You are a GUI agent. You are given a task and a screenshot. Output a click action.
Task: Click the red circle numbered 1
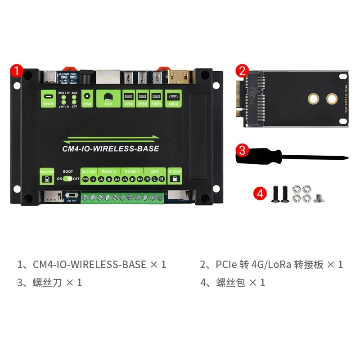point(16,71)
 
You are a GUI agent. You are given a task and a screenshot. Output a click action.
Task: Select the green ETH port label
point(108,98)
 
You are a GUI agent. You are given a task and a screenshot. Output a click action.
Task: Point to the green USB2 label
point(142,98)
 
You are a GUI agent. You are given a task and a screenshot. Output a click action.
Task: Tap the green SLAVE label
point(48,98)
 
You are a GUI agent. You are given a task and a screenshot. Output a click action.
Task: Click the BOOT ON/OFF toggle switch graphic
point(68,179)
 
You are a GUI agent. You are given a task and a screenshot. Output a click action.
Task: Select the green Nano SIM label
point(46,176)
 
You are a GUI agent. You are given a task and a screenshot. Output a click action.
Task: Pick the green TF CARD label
point(175,176)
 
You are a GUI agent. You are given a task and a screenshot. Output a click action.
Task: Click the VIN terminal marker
point(85,179)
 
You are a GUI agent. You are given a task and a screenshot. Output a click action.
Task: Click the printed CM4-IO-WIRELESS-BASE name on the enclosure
point(111,148)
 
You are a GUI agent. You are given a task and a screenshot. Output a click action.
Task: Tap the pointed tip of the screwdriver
point(347,157)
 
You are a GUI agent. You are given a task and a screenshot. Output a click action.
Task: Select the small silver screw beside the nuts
point(320,198)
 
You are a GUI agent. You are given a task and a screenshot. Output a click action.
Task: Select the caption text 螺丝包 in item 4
point(231,283)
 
